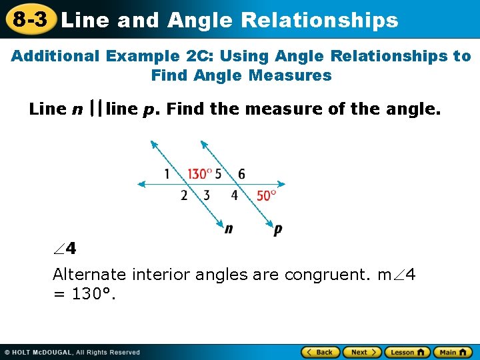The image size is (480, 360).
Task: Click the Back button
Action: [321, 352]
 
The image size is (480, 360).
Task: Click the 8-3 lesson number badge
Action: [29, 19]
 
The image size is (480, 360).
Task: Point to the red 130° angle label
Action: [199, 174]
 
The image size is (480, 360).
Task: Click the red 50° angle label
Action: [266, 195]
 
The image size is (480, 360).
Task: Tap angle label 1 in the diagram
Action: [167, 174]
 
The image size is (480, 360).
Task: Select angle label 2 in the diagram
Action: [184, 195]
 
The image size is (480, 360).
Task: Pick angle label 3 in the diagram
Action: [207, 195]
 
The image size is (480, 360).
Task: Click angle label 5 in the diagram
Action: [218, 174]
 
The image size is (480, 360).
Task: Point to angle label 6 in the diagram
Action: [241, 174]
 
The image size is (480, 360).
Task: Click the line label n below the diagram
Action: [229, 229]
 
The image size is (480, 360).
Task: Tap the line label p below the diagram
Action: [277, 229]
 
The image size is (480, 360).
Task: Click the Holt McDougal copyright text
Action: [73, 352]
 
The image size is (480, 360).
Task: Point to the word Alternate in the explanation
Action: [89, 274]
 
